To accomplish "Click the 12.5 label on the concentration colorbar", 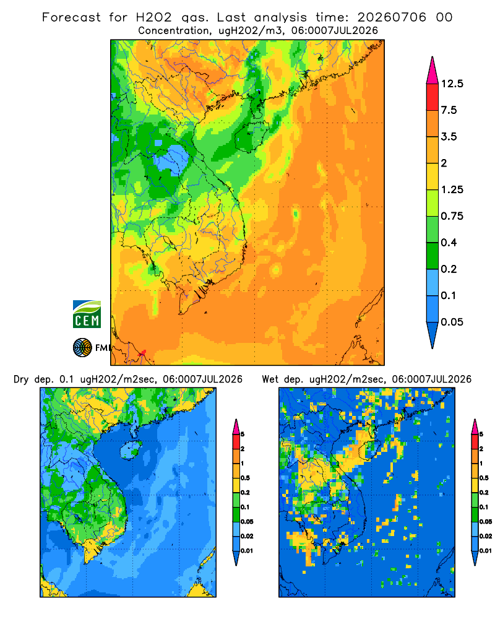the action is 452,84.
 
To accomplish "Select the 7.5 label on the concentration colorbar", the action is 449,110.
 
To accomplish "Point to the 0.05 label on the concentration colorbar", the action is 452,322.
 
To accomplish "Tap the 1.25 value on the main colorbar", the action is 452,190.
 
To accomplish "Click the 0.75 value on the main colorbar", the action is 452,216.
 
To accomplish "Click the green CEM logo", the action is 87,314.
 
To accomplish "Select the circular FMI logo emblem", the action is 82,348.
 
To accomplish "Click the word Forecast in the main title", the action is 71,17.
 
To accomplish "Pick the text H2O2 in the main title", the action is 154,17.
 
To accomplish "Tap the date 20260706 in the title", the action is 392,17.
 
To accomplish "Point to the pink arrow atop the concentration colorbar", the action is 433,70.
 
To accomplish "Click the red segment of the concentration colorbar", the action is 433,97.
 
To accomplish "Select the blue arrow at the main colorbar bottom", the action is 433,335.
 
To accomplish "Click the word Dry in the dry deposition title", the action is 21,380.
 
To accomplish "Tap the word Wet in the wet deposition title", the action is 270,379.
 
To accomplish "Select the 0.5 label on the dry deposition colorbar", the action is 245,478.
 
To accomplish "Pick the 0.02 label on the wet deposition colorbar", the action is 486,536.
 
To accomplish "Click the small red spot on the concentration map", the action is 144,352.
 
